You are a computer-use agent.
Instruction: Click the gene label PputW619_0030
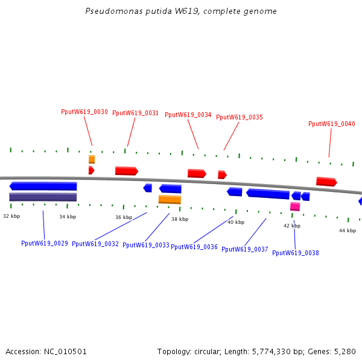coord(84,112)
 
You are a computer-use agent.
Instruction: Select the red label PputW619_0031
coord(136,113)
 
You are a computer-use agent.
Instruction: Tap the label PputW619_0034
coord(188,115)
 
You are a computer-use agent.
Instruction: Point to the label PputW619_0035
coord(240,117)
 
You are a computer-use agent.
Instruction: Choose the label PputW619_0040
coord(332,124)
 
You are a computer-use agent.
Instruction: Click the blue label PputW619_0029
coord(45,243)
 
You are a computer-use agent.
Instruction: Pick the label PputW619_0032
coord(95,244)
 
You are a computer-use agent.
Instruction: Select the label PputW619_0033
coord(146,245)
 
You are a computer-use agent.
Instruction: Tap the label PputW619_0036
coord(194,247)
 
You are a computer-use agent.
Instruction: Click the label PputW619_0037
coord(245,249)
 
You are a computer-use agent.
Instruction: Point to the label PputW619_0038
coord(296,253)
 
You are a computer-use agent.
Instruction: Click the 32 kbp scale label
coord(11,215)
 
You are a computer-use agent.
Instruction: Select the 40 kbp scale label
coord(236,222)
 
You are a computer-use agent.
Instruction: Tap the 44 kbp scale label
coord(347,230)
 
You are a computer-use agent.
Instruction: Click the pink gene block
coord(295,206)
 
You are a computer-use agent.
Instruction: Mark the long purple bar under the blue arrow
coord(43,197)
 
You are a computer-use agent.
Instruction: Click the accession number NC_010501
coord(64,351)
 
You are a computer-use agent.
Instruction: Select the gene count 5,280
coord(346,351)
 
